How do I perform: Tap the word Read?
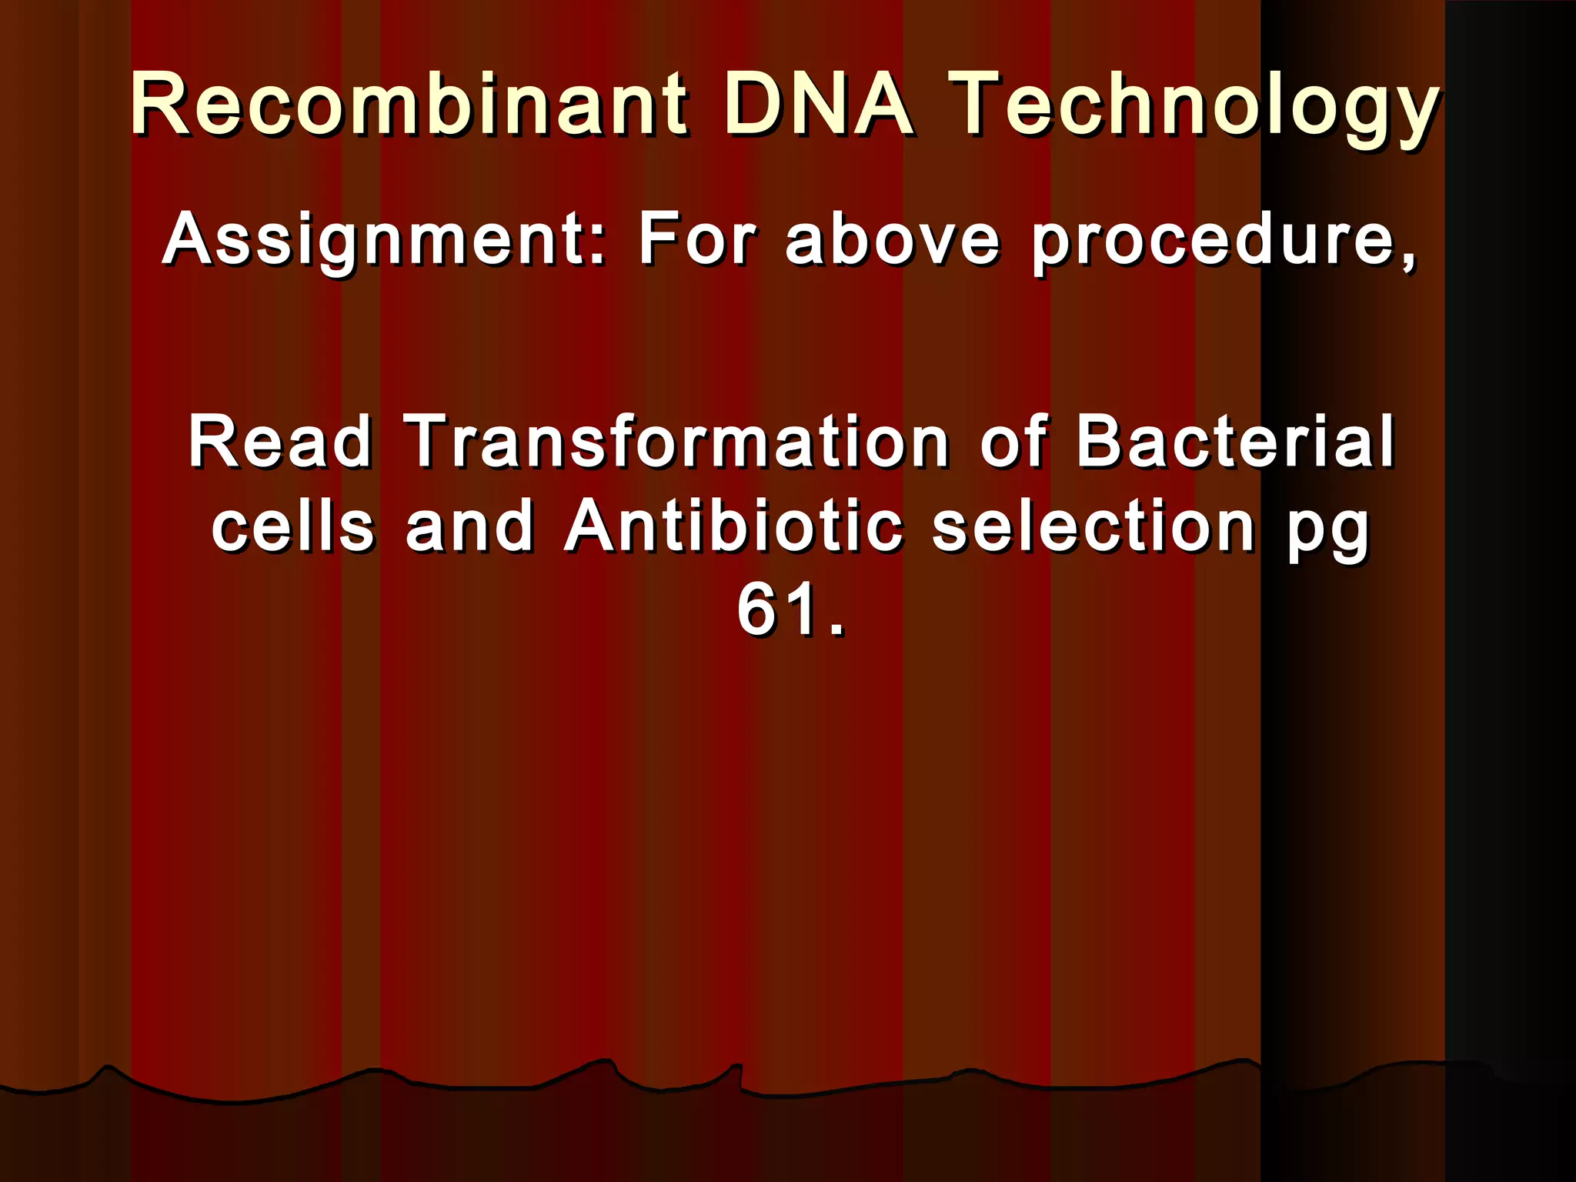pyautogui.click(x=280, y=442)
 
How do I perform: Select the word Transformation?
pyautogui.click(x=676, y=442)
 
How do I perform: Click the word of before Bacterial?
pyautogui.click(x=1013, y=442)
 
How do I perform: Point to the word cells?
pyautogui.click(x=293, y=526)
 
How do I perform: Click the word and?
pyautogui.click(x=469, y=526)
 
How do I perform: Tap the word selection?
pyautogui.click(x=1094, y=526)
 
